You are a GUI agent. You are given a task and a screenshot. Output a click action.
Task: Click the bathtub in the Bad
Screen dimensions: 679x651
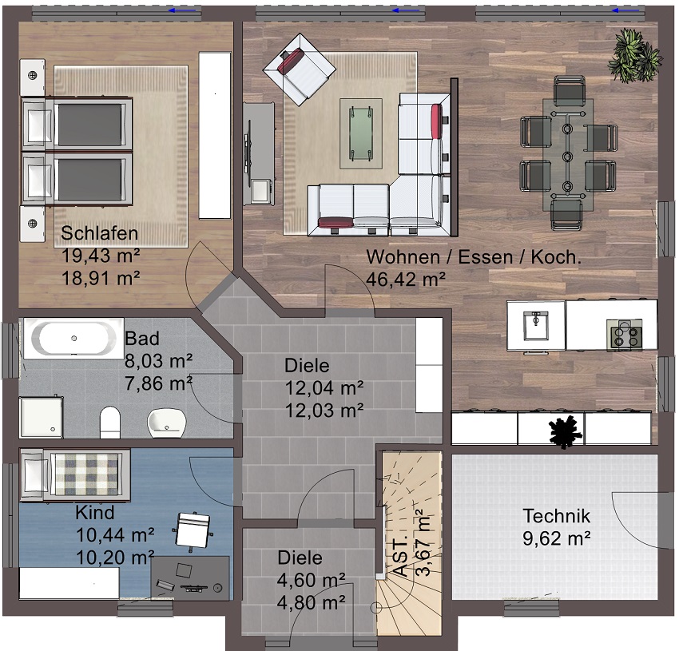click(x=73, y=339)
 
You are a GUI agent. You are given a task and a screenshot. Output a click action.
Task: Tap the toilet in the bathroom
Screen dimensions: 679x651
click(x=109, y=422)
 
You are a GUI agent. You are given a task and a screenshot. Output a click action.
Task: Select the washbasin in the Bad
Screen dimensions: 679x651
click(x=167, y=423)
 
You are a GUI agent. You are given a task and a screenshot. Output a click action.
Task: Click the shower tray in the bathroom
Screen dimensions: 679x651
click(x=41, y=417)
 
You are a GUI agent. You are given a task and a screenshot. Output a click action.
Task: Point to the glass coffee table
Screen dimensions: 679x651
click(x=361, y=134)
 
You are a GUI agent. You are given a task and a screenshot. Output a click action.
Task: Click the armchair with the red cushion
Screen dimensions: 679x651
click(x=300, y=69)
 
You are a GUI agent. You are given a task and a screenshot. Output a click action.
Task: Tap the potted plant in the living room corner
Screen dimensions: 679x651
click(x=635, y=56)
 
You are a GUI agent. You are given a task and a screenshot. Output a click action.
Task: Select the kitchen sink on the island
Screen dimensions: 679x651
click(x=536, y=326)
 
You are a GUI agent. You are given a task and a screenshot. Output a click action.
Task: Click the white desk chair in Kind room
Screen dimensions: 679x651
click(x=193, y=530)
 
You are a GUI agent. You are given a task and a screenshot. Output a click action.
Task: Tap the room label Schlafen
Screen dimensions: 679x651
click(x=99, y=233)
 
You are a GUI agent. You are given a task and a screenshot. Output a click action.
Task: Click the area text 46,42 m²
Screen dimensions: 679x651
click(x=406, y=280)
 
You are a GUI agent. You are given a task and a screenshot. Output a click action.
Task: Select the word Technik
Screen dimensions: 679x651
click(x=557, y=516)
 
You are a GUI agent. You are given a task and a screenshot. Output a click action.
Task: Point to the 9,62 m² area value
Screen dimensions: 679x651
click(x=557, y=538)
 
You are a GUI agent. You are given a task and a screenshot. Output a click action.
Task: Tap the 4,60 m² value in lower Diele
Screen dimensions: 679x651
click(x=311, y=580)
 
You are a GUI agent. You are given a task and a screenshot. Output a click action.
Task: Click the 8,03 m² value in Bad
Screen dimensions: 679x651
click(x=158, y=360)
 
